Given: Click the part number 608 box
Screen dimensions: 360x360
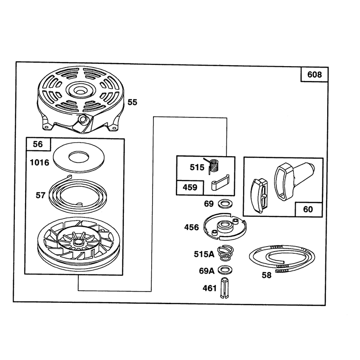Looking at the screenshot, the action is pyautogui.click(x=314, y=74).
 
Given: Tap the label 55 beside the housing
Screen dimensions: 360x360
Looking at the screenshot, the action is pyautogui.click(x=132, y=102).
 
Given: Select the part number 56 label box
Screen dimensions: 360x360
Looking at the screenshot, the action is pyautogui.click(x=38, y=144).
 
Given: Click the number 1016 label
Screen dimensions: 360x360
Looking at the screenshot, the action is pyautogui.click(x=40, y=162).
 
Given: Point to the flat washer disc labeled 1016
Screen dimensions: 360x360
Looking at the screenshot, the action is pyautogui.click(x=78, y=158).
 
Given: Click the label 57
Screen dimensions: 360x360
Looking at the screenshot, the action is pyautogui.click(x=40, y=195).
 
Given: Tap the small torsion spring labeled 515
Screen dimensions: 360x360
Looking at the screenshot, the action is pyautogui.click(x=212, y=165).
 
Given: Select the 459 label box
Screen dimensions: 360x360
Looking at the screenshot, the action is pyautogui.click(x=190, y=188).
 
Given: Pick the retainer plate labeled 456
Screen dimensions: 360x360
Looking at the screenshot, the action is pyautogui.click(x=225, y=227).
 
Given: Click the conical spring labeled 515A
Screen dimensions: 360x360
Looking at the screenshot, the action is pyautogui.click(x=225, y=253).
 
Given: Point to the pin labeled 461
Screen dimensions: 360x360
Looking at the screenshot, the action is pyautogui.click(x=224, y=288).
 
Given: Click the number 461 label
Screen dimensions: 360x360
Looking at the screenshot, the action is pyautogui.click(x=209, y=288).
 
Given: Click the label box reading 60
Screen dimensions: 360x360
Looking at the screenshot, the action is pyautogui.click(x=308, y=209).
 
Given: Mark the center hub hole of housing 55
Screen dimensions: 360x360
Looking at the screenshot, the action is pyautogui.click(x=80, y=90).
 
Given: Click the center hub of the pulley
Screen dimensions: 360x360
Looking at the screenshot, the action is pyautogui.click(x=78, y=242).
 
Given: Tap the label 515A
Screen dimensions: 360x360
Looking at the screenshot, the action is pyautogui.click(x=204, y=254).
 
